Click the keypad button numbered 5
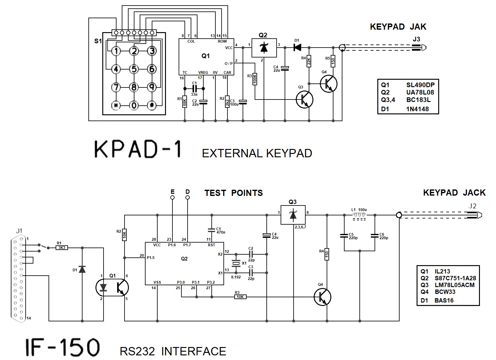click(x=134, y=69)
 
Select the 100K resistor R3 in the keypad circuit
click(x=255, y=79)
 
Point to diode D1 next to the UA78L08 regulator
click(x=297, y=48)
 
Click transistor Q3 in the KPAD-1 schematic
click(x=304, y=100)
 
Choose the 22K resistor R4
click(x=309, y=61)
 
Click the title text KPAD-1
click(x=138, y=150)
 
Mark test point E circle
click(x=172, y=197)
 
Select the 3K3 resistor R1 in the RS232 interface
click(x=62, y=248)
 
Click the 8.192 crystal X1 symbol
click(x=236, y=263)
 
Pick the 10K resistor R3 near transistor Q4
click(x=240, y=297)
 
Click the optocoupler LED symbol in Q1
click(x=104, y=287)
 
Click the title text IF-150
click(x=62, y=347)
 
